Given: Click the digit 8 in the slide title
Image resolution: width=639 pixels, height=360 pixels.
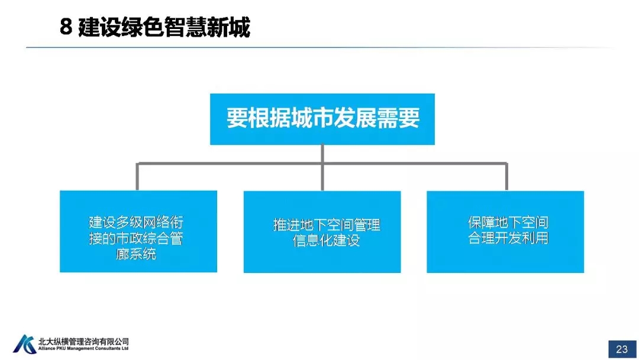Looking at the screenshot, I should (x=66, y=27).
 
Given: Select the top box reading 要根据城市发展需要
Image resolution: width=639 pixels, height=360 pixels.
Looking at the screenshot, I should (x=322, y=118).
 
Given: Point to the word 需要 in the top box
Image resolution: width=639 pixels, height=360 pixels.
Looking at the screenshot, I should (x=399, y=118).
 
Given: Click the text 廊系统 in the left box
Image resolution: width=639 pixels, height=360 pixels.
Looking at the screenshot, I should (x=137, y=255).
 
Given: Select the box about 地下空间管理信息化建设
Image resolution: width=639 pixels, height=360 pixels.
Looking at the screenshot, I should (x=322, y=231).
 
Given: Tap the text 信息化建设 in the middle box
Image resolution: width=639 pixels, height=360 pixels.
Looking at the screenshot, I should (x=326, y=241).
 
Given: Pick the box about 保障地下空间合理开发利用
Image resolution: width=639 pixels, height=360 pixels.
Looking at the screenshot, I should (x=505, y=231).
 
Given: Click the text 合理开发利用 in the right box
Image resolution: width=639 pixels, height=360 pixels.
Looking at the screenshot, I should (x=509, y=239).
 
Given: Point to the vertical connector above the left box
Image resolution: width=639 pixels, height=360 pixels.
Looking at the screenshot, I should (x=137, y=176).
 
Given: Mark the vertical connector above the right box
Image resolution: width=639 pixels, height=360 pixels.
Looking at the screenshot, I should (x=506, y=176).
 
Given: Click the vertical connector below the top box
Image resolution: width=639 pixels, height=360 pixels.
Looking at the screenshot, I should (x=322, y=154).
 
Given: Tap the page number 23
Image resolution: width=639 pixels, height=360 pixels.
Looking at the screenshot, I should (x=622, y=349).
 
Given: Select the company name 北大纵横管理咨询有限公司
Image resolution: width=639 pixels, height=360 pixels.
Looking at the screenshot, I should (x=83, y=342).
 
